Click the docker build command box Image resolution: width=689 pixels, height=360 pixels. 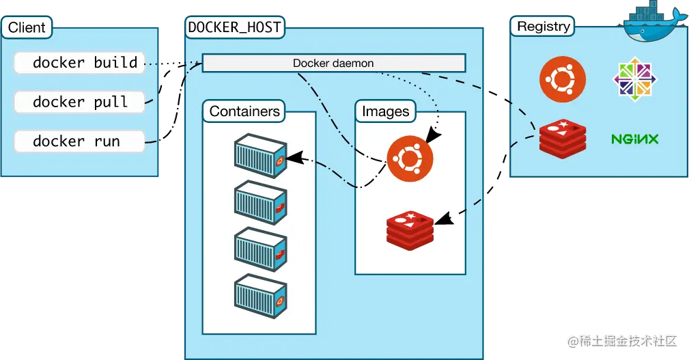[x=80, y=63]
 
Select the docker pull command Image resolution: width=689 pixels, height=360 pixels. [x=80, y=102]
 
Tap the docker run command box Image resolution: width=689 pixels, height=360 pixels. [x=80, y=142]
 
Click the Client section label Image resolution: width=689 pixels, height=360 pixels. [x=27, y=28]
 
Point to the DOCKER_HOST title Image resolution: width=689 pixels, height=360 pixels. [x=235, y=28]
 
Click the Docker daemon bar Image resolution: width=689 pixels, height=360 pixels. [x=333, y=64]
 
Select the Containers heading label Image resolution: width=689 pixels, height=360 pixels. [x=244, y=111]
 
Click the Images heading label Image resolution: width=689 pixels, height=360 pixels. [x=385, y=111]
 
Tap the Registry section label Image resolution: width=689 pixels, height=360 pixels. [x=544, y=27]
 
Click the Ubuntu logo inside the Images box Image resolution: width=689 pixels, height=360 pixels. [x=410, y=159]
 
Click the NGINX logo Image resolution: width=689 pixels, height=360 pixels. [x=634, y=139]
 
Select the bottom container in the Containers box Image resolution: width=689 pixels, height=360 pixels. [x=260, y=296]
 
